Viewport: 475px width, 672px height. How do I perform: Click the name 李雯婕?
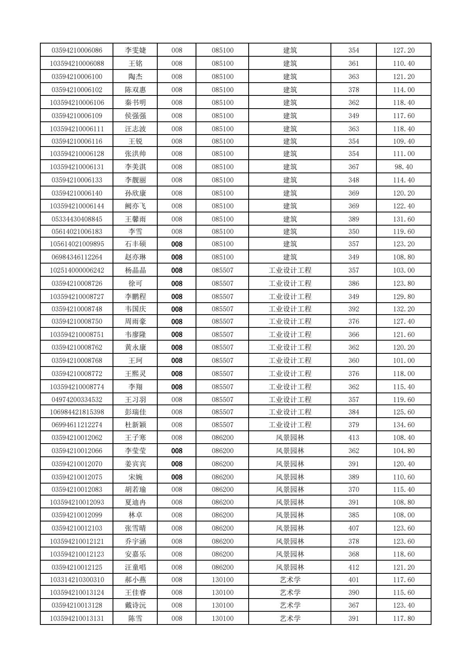[135, 50]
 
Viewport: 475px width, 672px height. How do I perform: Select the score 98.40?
[404, 167]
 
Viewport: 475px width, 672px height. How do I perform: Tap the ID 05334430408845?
[77, 219]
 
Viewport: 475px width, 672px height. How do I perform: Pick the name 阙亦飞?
[135, 206]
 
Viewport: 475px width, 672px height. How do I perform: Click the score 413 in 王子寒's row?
[354, 438]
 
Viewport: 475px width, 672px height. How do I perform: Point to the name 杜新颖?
[135, 425]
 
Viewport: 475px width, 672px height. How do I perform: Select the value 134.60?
[404, 425]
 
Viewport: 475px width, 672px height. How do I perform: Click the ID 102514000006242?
[77, 270]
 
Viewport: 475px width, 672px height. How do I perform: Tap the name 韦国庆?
[135, 309]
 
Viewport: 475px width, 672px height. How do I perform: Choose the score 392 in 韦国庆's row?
[354, 309]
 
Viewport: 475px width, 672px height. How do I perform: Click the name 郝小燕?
[135, 580]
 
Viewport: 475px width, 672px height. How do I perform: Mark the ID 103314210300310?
[77, 580]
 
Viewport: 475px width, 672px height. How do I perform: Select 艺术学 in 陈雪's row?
[290, 618]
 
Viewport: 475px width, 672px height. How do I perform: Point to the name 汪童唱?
[135, 567]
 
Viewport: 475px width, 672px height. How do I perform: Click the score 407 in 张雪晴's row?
[354, 528]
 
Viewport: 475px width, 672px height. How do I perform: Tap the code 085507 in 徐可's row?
[222, 283]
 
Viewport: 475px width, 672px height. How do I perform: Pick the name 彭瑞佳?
[135, 412]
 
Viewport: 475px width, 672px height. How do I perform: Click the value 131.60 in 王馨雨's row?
[404, 219]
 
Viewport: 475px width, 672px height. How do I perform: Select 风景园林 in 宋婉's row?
[290, 477]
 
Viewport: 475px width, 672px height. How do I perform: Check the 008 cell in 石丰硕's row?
[176, 244]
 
